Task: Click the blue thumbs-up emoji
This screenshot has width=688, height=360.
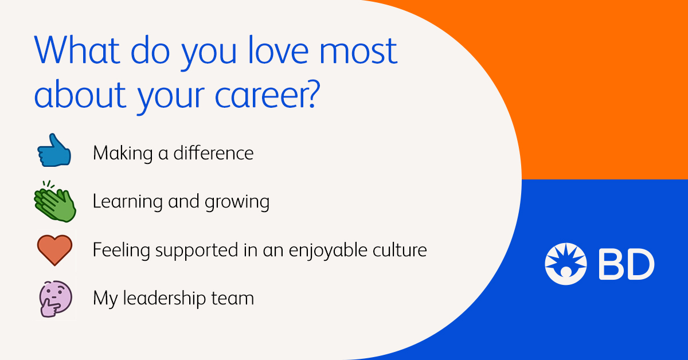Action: [x=54, y=151]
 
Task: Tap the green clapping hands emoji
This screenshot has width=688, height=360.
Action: [x=55, y=202]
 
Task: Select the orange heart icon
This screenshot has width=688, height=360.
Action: [x=54, y=250]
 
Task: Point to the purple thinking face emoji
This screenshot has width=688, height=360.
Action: [x=56, y=299]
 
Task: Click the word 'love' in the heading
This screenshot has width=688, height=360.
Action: [x=278, y=50]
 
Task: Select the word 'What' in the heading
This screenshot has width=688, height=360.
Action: [x=77, y=50]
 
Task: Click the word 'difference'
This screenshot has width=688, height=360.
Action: [x=213, y=152]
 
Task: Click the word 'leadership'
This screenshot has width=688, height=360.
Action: [x=165, y=299]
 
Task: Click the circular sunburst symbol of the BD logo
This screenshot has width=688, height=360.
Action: [x=566, y=264]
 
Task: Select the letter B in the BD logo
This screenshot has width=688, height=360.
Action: [x=611, y=264]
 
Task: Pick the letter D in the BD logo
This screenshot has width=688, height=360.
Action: [x=641, y=264]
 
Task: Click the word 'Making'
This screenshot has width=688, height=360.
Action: [x=123, y=154]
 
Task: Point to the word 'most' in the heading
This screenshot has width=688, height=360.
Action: [x=358, y=51]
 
